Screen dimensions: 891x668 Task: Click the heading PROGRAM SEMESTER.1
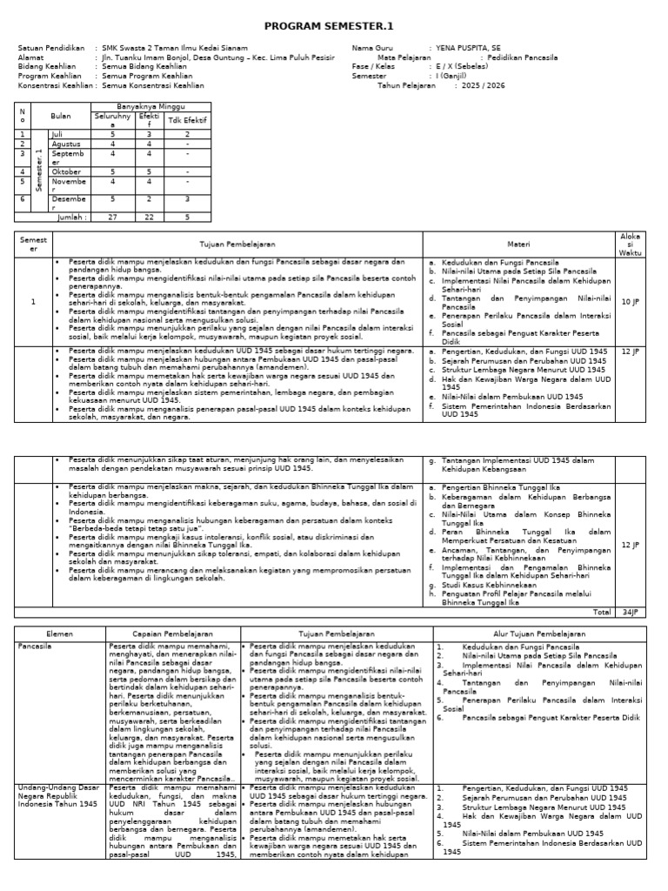[334, 27]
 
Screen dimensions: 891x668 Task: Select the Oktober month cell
[65, 171]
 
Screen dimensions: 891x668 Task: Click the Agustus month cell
[65, 144]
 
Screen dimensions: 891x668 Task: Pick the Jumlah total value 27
[111, 218]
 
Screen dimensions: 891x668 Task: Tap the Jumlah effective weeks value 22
[149, 218]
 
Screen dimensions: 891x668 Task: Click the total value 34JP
[630, 612]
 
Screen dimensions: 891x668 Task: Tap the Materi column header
[518, 245]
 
